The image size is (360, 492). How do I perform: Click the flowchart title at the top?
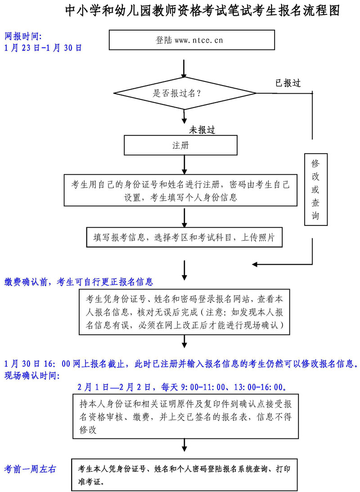click(202, 11)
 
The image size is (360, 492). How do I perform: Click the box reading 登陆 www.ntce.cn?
click(192, 40)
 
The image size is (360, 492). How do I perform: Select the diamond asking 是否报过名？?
click(184, 94)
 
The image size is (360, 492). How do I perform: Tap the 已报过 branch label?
click(288, 83)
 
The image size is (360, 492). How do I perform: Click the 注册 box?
click(181, 145)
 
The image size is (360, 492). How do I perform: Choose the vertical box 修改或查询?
click(315, 189)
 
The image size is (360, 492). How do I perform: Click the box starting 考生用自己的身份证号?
click(180, 190)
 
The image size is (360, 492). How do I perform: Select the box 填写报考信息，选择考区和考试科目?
click(184, 237)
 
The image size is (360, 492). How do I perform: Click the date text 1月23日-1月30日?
click(43, 48)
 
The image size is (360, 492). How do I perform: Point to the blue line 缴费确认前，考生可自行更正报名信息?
click(79, 282)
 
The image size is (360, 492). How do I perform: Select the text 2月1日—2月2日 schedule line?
click(182, 387)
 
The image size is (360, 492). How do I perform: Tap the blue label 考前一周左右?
click(30, 469)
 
